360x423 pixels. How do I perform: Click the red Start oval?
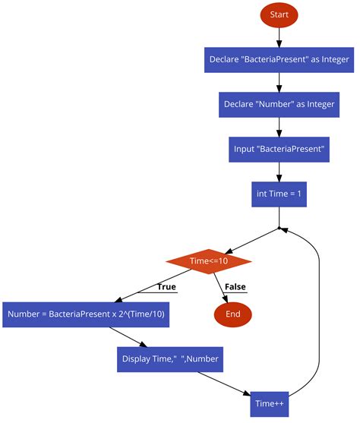point(279,14)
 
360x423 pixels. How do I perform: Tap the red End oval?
point(233,314)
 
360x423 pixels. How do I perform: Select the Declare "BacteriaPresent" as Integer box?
point(279,58)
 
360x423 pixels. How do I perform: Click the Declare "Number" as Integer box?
point(279,104)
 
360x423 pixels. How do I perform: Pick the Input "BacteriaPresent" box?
point(279,149)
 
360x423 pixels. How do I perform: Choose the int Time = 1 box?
point(279,194)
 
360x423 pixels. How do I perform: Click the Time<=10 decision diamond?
point(209,261)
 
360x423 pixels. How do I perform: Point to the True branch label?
point(166,287)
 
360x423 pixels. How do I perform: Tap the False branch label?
point(235,287)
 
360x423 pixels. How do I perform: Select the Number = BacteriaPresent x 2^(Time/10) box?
point(86,314)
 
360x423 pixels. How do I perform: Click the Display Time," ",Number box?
point(170,358)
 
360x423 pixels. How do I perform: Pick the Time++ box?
point(270,403)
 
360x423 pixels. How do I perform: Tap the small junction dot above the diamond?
point(279,227)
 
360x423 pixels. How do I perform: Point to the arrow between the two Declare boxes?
point(279,81)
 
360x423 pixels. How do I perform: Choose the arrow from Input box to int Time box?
point(279,172)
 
